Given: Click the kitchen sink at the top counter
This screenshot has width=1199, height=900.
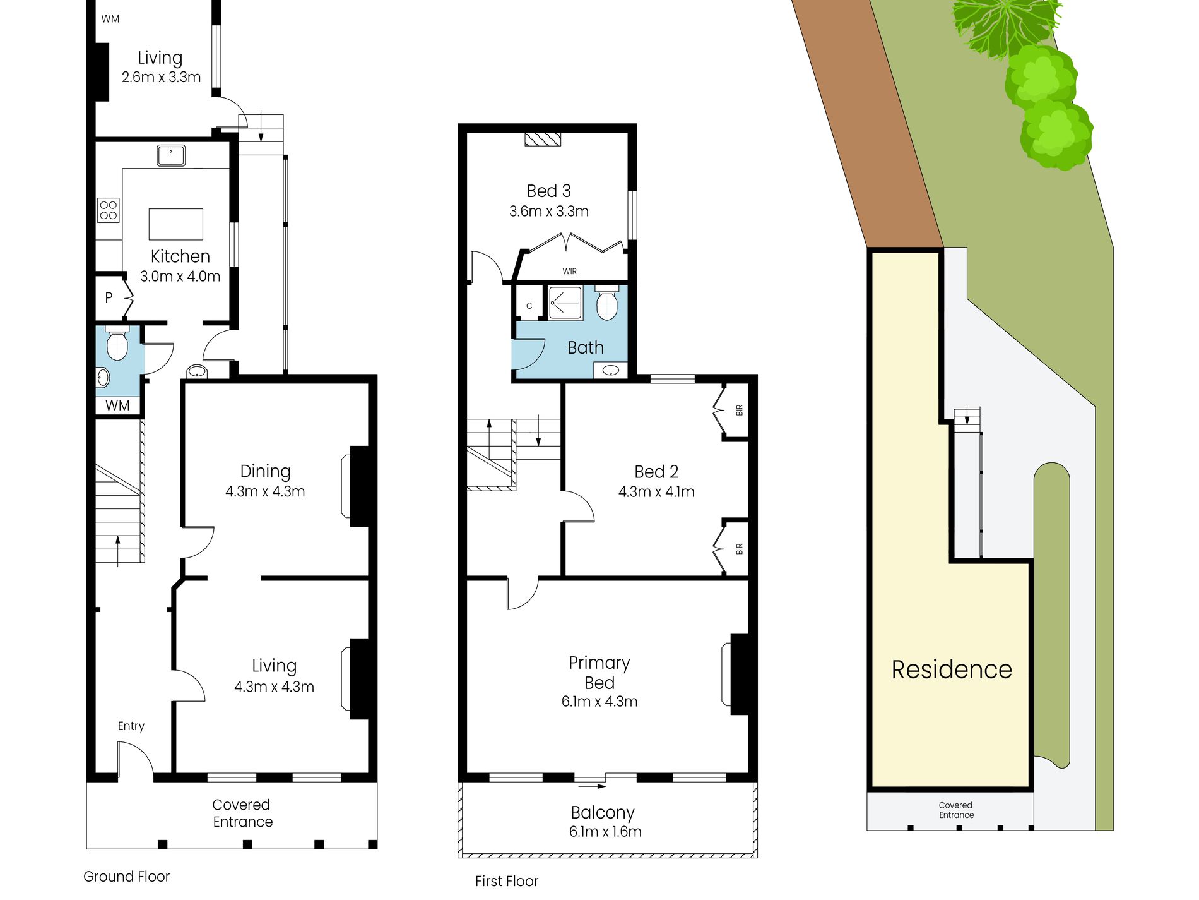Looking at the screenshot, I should point(171,155).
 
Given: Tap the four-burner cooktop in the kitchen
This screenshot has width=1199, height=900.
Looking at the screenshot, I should point(108,210).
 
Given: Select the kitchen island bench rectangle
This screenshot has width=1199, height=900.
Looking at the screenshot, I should point(175,224).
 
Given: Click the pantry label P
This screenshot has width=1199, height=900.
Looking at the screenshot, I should point(109,297).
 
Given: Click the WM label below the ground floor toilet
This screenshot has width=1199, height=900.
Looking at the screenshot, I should point(117,405).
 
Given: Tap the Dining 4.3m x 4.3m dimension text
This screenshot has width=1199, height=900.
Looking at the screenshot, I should point(265,491).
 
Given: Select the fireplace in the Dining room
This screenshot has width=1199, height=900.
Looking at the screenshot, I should point(358,486).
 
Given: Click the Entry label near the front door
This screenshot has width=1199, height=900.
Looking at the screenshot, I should point(131,726).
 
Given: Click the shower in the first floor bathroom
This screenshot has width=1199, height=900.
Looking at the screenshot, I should point(565,303).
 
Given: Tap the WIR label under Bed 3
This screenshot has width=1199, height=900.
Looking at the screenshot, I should point(569,271).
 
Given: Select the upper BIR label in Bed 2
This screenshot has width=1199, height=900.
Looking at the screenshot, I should point(739,410).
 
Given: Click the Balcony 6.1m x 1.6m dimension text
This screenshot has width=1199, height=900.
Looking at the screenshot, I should point(605,832).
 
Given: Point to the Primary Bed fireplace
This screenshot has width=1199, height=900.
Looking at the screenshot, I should point(740,674).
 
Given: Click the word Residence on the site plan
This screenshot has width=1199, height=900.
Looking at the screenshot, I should point(951,669).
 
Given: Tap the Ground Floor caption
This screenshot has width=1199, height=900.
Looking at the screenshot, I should point(126,877).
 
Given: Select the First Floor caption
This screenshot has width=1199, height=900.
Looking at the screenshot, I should point(506,881).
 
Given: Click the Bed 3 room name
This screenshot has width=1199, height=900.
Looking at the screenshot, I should point(548,191).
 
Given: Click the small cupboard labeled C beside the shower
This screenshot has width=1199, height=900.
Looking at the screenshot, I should point(529,306).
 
